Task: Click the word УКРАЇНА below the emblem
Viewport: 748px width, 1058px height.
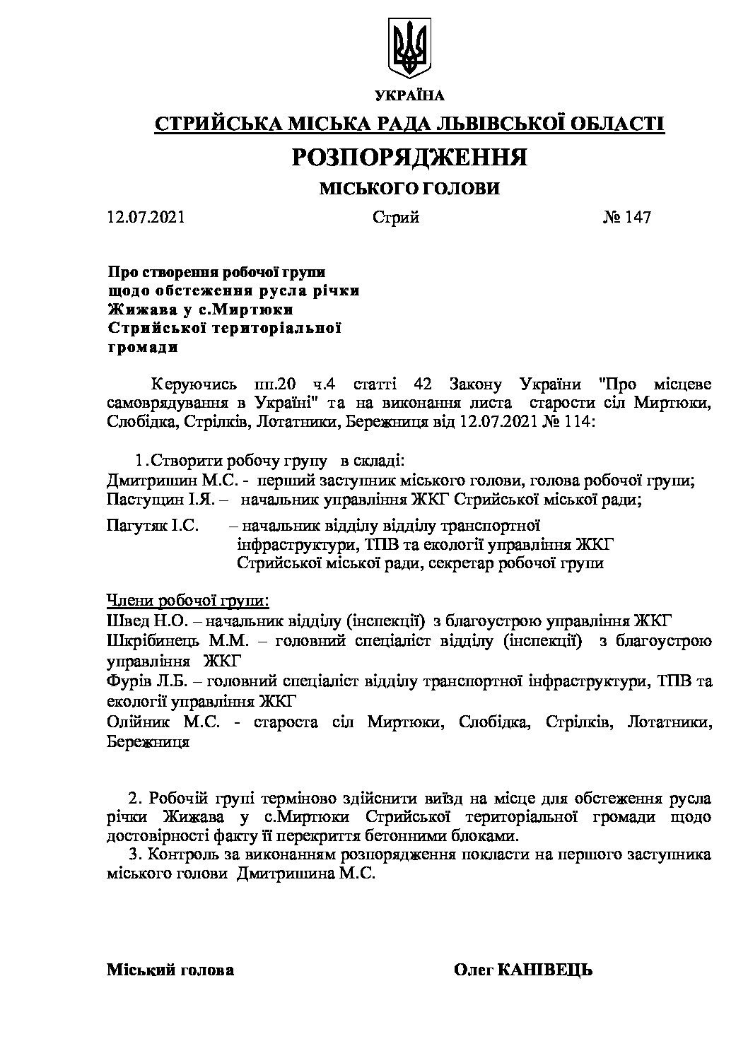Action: click(409, 95)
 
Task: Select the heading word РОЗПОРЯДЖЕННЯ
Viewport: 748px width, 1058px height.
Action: click(409, 157)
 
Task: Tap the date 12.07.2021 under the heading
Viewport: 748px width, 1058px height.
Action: click(146, 217)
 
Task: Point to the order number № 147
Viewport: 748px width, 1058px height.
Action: click(626, 217)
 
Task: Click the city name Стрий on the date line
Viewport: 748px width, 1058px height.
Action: click(396, 217)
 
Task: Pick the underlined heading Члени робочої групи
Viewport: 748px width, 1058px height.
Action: click(187, 601)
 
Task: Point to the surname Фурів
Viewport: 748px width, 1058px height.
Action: click(127, 682)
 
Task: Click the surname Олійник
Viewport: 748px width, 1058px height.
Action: click(138, 722)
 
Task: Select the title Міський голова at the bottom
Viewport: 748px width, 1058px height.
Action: click(170, 970)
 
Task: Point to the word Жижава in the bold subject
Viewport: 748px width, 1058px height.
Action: click(134, 310)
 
